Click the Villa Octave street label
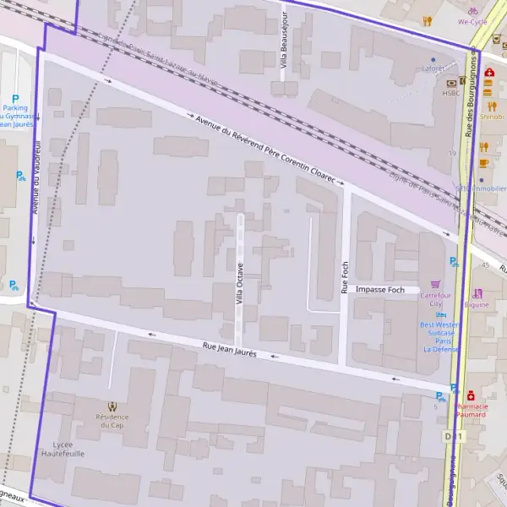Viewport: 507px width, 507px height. point(240,284)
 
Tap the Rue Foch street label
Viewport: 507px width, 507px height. point(345,276)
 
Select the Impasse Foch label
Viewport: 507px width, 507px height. point(380,290)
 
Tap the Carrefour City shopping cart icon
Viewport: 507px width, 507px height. point(435,284)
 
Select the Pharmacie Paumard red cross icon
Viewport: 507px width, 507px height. point(470,395)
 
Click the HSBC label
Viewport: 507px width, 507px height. point(450,93)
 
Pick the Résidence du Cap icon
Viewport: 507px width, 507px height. point(113,406)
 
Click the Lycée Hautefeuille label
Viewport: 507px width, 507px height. point(63,449)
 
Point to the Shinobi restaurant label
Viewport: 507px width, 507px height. point(491,117)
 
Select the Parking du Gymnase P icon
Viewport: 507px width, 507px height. point(14,97)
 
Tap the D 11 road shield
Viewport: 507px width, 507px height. point(455,436)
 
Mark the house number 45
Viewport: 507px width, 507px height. point(485,265)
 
